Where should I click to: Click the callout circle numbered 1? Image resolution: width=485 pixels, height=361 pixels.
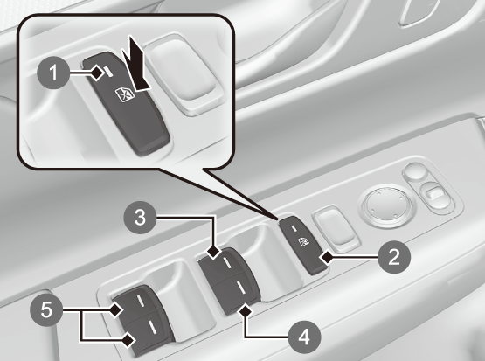(x=53, y=73)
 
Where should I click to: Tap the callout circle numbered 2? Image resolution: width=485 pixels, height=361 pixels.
(x=394, y=256)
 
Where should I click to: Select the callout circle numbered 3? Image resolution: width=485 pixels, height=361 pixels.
(x=140, y=218)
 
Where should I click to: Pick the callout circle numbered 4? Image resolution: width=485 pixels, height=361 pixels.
(x=304, y=337)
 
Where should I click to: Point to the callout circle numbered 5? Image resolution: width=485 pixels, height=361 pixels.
(x=46, y=309)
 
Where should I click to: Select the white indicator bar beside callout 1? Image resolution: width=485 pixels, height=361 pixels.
(x=108, y=72)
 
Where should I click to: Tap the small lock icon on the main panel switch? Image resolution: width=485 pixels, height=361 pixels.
(x=304, y=242)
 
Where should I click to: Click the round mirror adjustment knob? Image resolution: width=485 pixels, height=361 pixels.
(x=385, y=205)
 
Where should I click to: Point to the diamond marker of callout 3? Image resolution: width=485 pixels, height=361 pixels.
(x=214, y=252)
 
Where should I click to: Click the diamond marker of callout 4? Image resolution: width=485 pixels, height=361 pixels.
(x=246, y=310)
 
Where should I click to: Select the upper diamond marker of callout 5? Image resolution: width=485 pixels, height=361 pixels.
(x=116, y=309)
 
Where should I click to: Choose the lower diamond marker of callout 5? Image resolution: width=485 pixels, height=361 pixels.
(x=129, y=341)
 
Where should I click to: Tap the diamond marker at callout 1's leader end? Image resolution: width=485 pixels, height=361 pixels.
(x=97, y=73)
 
